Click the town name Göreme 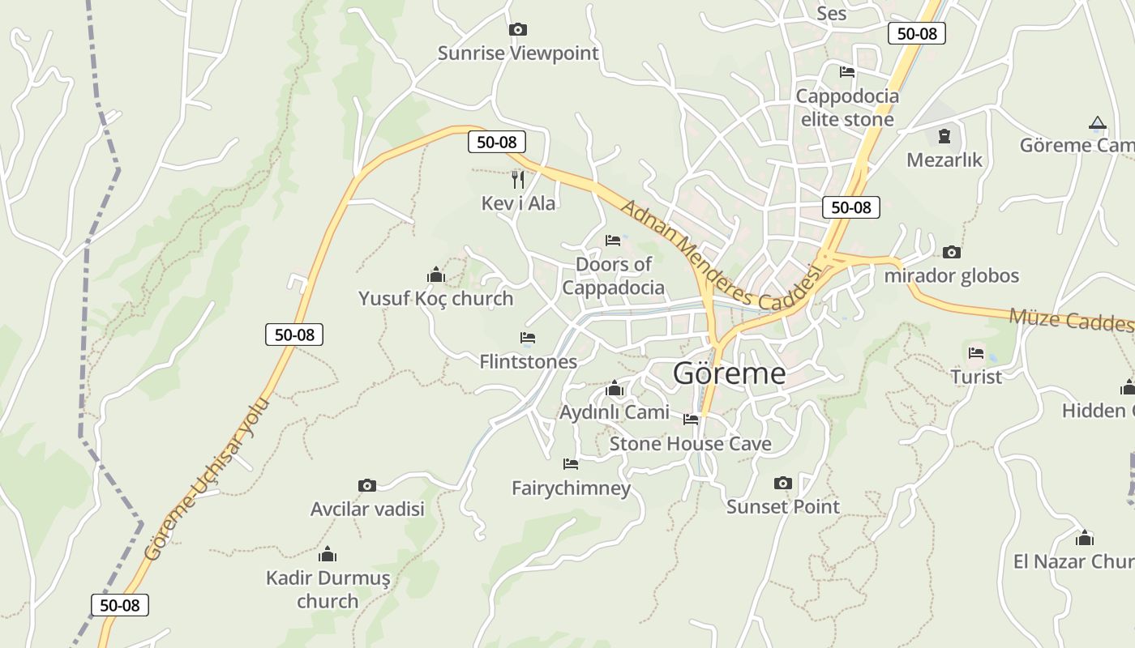[x=729, y=373]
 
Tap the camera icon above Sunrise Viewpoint [x=517, y=30]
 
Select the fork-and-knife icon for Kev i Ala [x=518, y=179]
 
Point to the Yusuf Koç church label [x=435, y=298]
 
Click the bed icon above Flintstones [x=528, y=337]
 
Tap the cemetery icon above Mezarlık [x=944, y=135]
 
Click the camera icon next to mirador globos [x=952, y=252]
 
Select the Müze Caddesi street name [x=1070, y=319]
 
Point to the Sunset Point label [x=782, y=506]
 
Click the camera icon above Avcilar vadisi [x=367, y=485]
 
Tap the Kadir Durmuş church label [x=328, y=590]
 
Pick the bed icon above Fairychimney [x=571, y=464]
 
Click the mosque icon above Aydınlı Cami [x=615, y=389]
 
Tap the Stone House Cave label [x=690, y=443]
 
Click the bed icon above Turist [x=976, y=353]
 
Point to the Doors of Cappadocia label [x=613, y=275]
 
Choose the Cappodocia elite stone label [x=847, y=108]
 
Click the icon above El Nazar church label [x=1084, y=538]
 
